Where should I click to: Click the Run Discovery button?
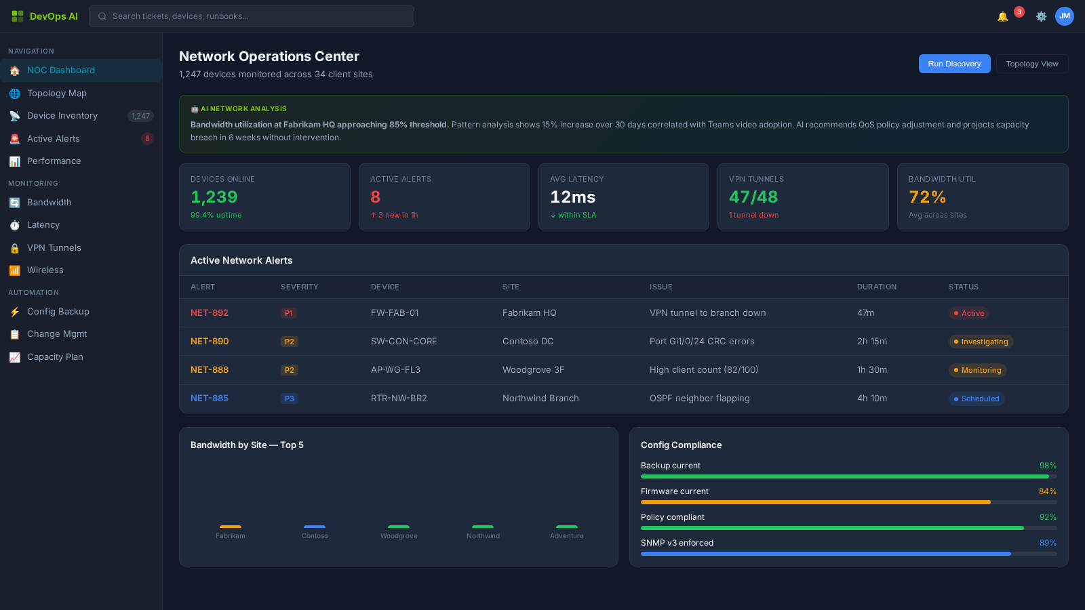point(954,64)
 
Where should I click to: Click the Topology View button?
point(1031,64)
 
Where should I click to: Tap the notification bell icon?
point(1002,16)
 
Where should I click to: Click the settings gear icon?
point(1041,16)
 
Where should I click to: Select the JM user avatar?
point(1064,16)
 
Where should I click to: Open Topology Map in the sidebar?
point(57,94)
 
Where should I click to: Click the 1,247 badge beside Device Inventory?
point(140,116)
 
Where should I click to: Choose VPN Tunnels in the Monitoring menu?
point(54,248)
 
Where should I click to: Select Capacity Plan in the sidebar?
point(55,357)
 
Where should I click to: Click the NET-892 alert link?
point(210,313)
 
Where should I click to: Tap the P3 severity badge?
point(289,399)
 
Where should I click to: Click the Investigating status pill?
point(981,342)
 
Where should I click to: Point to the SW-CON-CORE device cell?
point(403,342)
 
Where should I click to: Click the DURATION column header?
point(876,287)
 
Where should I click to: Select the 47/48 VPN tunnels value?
point(753,197)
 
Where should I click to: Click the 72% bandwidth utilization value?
point(927,197)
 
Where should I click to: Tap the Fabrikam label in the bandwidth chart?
point(231,536)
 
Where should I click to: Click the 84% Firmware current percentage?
point(1047,491)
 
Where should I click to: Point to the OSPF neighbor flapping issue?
point(699,399)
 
